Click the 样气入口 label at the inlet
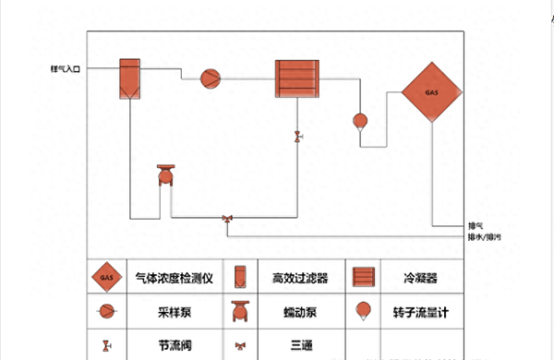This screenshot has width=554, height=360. tap(66, 69)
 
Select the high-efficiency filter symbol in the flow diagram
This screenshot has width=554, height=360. tap(129, 78)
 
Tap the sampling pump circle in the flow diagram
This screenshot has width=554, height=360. tap(211, 79)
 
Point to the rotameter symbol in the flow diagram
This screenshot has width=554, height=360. tap(360, 121)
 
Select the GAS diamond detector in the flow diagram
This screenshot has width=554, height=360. tap(431, 92)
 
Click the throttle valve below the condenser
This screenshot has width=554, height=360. tap(297, 137)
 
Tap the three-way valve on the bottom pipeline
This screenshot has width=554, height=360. tap(227, 219)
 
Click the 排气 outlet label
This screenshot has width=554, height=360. tap(476, 224)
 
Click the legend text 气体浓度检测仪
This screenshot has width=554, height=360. tap(175, 277)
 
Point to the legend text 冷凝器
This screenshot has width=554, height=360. tap(420, 277)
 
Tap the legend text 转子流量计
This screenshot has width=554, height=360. tap(420, 312)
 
